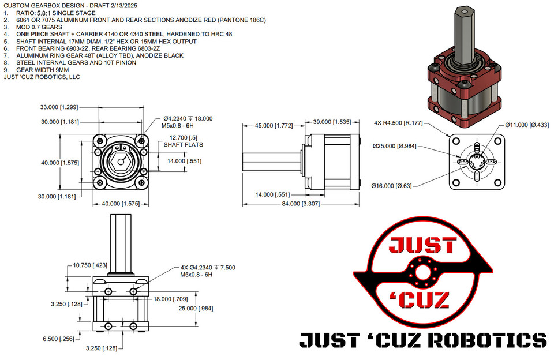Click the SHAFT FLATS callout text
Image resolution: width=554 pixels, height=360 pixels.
pyautogui.click(x=184, y=145)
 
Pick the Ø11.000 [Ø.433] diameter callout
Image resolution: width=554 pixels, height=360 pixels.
pyautogui.click(x=527, y=125)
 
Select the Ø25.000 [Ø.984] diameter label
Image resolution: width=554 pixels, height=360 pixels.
pyautogui.click(x=394, y=145)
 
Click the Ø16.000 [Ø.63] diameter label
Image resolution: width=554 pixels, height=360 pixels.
pyautogui.click(x=394, y=186)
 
